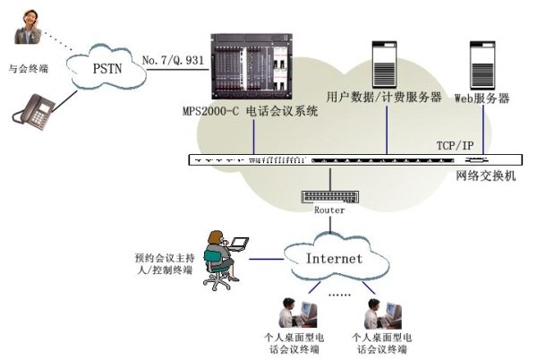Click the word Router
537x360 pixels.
[329, 210]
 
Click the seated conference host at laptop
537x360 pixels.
[220, 256]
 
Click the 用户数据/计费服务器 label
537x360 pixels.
[384, 97]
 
